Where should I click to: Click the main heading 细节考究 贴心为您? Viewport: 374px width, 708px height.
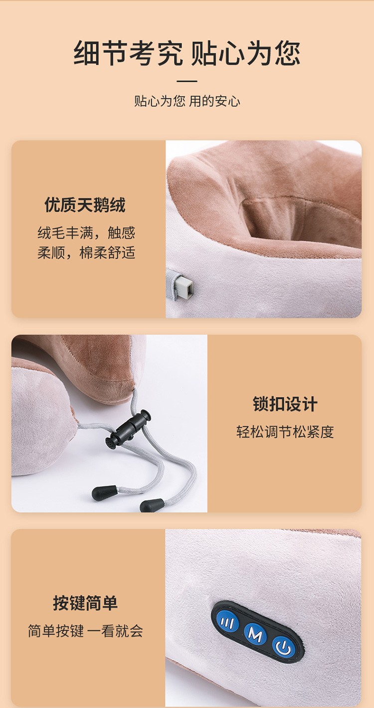point(187,53)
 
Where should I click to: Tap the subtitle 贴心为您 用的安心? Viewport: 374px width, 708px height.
point(187,101)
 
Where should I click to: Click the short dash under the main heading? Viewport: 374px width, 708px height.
point(187,81)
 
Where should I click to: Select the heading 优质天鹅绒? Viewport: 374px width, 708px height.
point(85,205)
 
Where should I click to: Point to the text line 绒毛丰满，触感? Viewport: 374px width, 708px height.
point(86,233)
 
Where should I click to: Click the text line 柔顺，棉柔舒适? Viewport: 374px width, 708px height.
point(86,253)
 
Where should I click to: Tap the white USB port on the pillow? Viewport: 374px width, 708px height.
point(185,287)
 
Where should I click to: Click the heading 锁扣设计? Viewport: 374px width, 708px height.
point(285,404)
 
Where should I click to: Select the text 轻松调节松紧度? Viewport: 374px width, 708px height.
point(285,432)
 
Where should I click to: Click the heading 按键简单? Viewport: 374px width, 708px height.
point(85,603)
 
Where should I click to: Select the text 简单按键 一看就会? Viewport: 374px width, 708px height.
point(85,631)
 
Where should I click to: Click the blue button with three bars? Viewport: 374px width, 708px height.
point(227,623)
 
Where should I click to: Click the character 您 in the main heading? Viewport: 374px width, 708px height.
point(287,53)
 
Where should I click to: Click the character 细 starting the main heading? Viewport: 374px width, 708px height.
point(87,53)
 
